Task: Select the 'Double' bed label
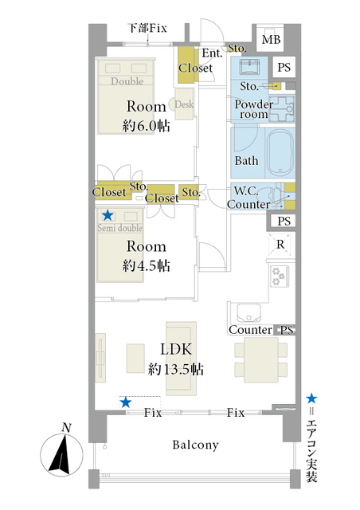[127, 81]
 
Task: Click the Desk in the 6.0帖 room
[185, 104]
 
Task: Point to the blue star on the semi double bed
[108, 215]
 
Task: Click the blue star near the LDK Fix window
[126, 403]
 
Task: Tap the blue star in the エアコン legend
[311, 398]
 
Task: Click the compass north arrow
[61, 453]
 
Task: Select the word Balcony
[195, 445]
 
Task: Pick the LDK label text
[176, 349]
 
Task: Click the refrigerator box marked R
[280, 244]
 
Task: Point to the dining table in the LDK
[260, 359]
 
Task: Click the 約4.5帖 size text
[147, 265]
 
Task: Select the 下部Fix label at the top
[148, 28]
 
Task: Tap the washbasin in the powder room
[249, 67]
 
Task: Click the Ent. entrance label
[212, 53]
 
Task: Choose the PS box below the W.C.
[284, 221]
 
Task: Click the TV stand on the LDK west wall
[100, 358]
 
